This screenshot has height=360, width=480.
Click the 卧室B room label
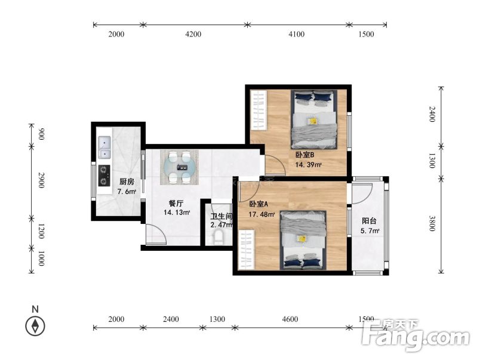[x=304, y=155]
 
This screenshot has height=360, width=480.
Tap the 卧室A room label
[x=259, y=204]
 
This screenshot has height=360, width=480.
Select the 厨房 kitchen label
[x=127, y=182]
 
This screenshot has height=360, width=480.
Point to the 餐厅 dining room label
[x=176, y=204]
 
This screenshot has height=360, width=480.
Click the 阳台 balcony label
[x=369, y=221]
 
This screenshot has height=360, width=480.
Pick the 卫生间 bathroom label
[x=221, y=217]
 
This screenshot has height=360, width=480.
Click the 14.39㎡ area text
[x=308, y=165]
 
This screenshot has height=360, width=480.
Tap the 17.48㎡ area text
[x=261, y=214]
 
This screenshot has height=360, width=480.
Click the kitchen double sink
[x=104, y=147]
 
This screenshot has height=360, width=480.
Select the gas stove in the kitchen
[x=104, y=176]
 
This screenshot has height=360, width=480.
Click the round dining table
[x=179, y=167]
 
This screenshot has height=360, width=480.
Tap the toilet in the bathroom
[x=219, y=238]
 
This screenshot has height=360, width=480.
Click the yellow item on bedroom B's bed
[x=313, y=121]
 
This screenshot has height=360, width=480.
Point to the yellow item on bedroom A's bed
[x=302, y=238]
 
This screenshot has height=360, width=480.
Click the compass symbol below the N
[x=35, y=326]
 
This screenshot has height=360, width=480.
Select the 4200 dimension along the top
[x=193, y=34]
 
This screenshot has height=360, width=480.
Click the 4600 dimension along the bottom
[x=290, y=319]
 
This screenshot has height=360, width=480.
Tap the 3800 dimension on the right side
[x=432, y=223]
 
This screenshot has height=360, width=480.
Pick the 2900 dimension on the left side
[x=41, y=180]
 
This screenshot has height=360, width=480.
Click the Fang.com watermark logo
[x=416, y=335]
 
